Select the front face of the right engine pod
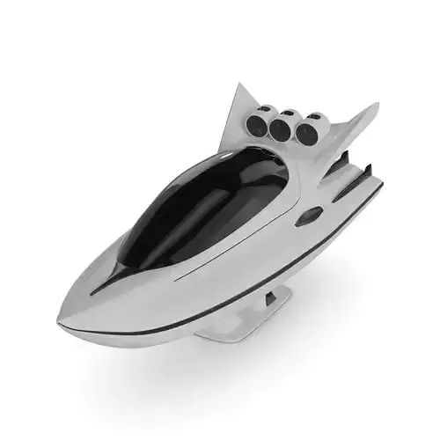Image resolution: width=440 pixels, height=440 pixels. point(306,134)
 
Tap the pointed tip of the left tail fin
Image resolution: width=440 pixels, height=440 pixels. point(239,84)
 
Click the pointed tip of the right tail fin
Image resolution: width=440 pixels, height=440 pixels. point(378,105)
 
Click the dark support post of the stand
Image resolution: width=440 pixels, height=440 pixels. point(270,299)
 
